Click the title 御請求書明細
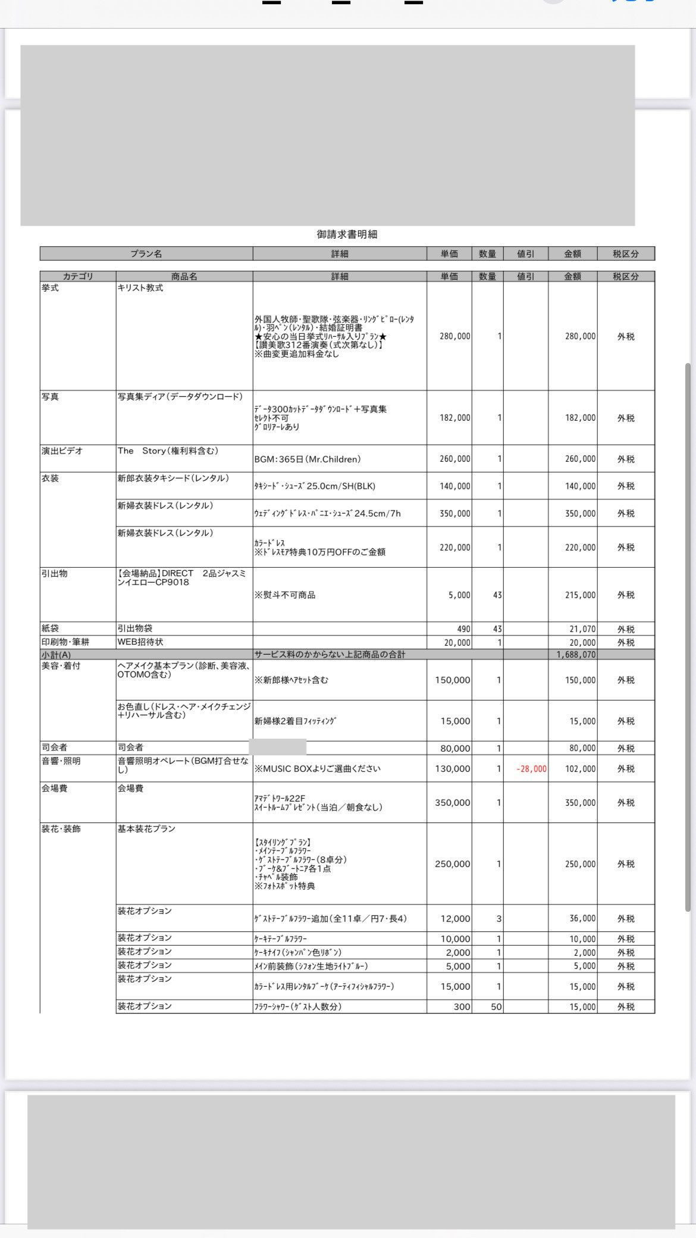click(347, 235)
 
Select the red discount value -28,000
click(531, 768)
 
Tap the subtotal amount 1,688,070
click(576, 654)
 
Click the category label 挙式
click(50, 288)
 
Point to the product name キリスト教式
click(140, 288)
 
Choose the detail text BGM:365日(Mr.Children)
click(307, 459)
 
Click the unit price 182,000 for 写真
click(454, 418)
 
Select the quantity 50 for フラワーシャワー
click(496, 1007)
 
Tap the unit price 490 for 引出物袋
click(463, 629)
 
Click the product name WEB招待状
click(140, 642)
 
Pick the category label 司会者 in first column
click(54, 748)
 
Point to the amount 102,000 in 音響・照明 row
click(580, 768)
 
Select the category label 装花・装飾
click(61, 829)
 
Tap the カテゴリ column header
click(78, 276)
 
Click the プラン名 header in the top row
click(146, 254)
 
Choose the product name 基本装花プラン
click(146, 829)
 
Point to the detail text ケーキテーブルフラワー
click(281, 939)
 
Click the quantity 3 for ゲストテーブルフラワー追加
click(499, 918)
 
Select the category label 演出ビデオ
click(62, 451)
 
